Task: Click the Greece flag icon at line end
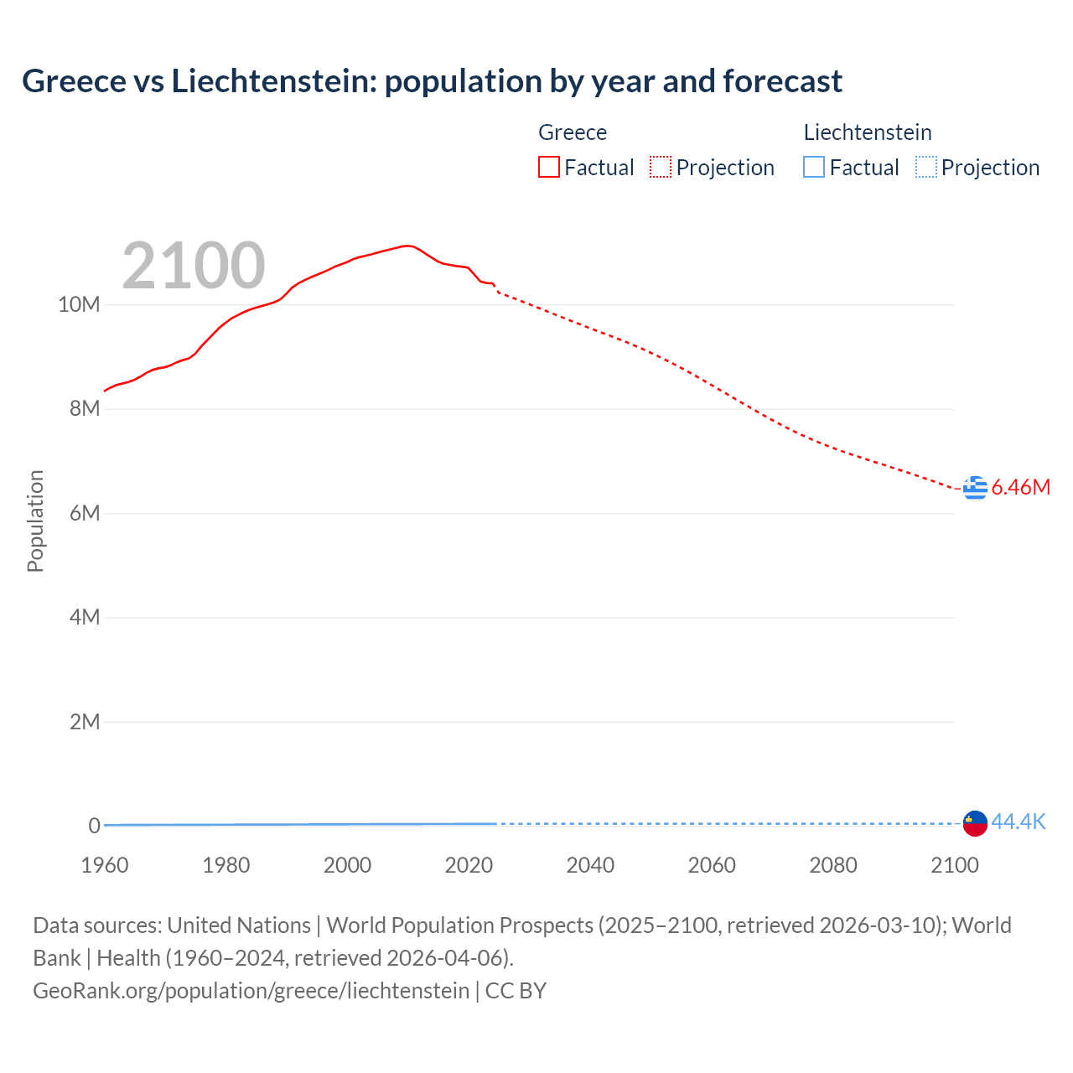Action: pos(975,487)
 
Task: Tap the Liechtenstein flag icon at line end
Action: pos(975,823)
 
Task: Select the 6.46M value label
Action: pos(1020,487)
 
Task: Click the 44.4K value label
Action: pos(1018,822)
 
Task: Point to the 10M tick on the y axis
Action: pos(79,304)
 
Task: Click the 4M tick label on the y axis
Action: pos(85,617)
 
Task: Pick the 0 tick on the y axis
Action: pos(94,826)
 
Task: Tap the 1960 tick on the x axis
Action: pos(105,865)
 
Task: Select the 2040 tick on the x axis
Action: pos(590,865)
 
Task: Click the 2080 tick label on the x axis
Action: pos(833,865)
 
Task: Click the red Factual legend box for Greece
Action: pos(549,167)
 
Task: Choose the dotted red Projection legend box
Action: pos(661,167)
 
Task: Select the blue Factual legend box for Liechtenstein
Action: pos(814,167)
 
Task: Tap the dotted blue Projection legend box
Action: pos(926,167)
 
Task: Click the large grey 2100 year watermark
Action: pos(194,266)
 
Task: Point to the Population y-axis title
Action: pos(35,521)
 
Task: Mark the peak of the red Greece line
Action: pos(407,246)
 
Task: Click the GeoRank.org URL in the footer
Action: pos(251,990)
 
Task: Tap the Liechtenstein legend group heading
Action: pos(868,132)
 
